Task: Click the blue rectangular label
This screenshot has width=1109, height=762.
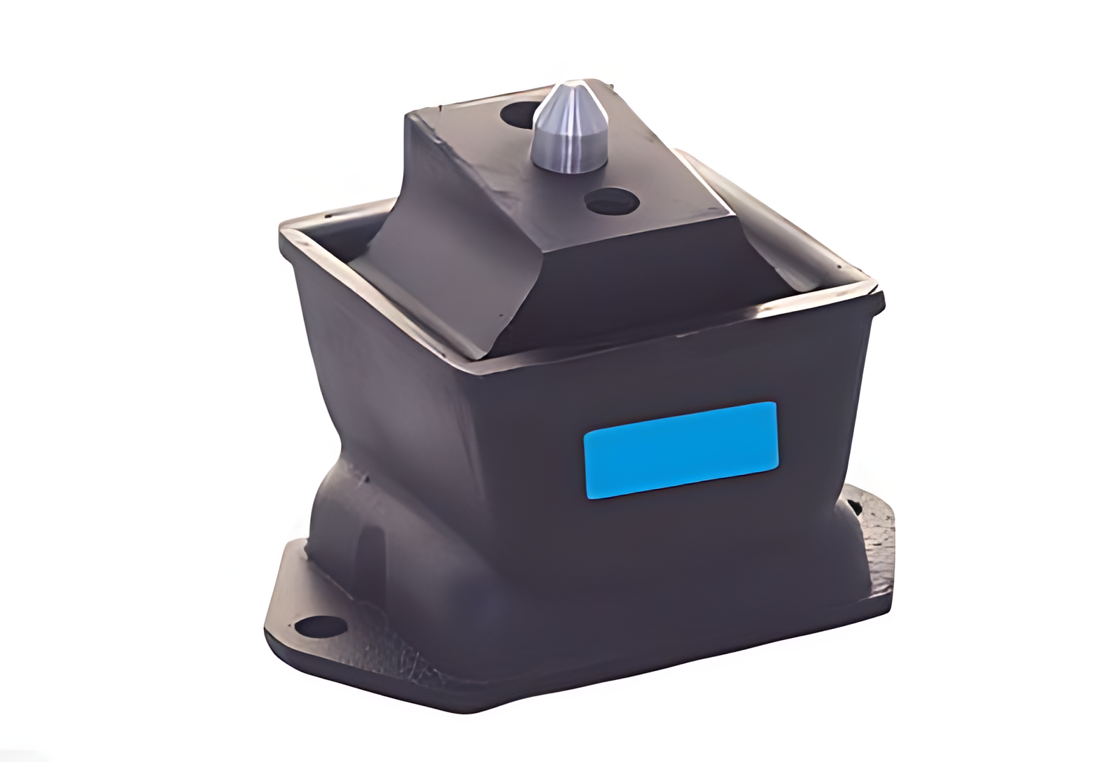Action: tap(681, 449)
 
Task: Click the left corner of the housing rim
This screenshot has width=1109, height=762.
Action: tap(284, 231)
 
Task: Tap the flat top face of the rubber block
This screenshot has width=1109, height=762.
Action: tap(560, 168)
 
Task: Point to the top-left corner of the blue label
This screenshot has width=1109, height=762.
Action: tap(586, 434)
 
